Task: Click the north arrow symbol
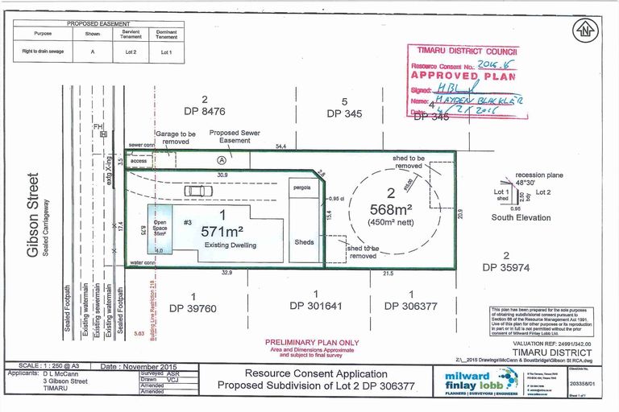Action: [584, 30]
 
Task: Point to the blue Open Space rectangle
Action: [160, 232]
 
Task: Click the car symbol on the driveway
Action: [193, 192]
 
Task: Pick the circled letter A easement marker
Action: [220, 159]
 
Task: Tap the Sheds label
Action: [304, 241]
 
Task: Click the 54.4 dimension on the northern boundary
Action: [282, 147]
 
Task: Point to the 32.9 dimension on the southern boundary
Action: [227, 274]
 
